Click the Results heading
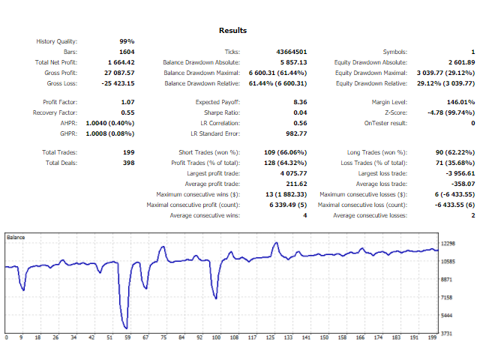click(232, 31)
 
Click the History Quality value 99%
click(127, 41)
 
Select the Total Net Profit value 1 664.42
click(121, 62)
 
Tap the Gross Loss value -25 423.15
click(117, 83)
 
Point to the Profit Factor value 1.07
click(127, 101)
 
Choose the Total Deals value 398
click(128, 163)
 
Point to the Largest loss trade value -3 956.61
click(456, 173)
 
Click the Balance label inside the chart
click(16, 237)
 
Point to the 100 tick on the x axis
click(216, 338)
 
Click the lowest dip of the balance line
click(127, 328)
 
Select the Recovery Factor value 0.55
click(127, 112)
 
